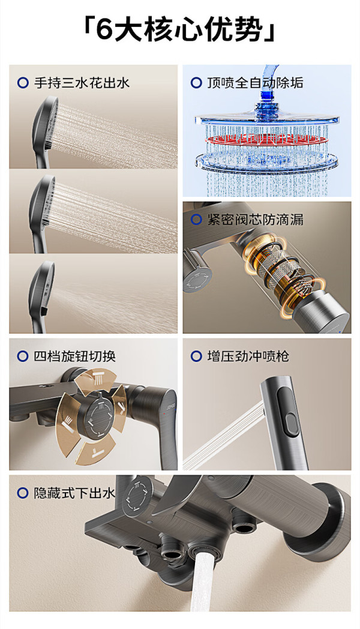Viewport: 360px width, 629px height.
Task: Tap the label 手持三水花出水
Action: point(82,83)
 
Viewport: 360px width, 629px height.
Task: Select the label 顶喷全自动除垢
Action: point(255,83)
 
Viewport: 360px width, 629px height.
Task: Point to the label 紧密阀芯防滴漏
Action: point(255,220)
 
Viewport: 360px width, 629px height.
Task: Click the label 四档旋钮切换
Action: point(74,356)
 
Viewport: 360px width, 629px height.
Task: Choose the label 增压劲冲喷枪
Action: point(248,356)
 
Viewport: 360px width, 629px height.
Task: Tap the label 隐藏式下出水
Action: point(74,493)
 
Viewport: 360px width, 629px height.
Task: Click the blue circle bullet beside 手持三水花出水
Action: point(23,83)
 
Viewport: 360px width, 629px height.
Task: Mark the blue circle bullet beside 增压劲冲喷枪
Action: point(196,356)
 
